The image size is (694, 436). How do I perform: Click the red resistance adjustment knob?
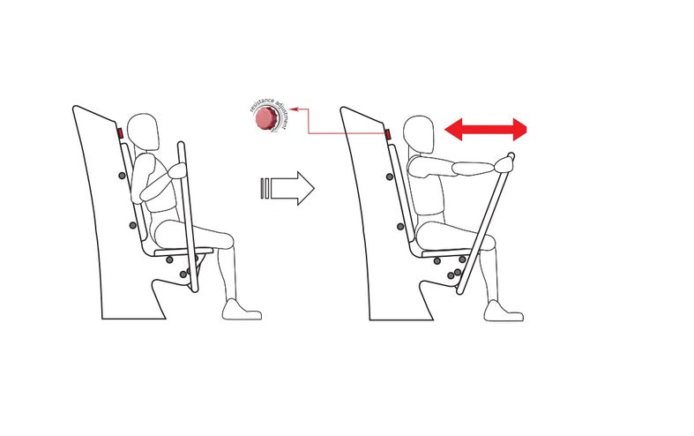point(265,122)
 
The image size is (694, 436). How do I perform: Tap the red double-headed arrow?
point(487,131)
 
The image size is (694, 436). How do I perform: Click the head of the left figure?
point(143,132)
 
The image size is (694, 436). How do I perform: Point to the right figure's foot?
point(504,311)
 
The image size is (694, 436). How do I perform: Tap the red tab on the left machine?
point(120,134)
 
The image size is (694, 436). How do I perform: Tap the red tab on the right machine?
point(388,134)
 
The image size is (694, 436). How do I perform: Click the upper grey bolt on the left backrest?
point(120,177)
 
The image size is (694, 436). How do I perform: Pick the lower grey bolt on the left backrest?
point(132,226)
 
